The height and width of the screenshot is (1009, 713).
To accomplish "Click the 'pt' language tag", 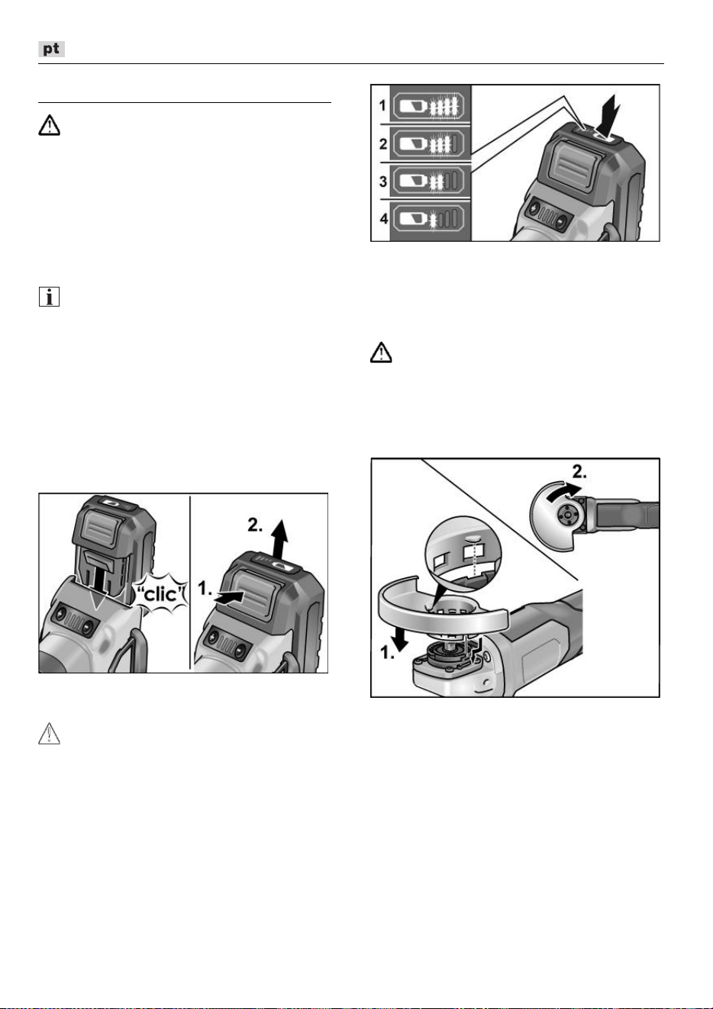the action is (51, 49).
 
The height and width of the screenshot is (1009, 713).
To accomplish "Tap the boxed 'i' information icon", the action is (49, 297).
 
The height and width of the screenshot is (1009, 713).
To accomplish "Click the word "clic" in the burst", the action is (161, 595).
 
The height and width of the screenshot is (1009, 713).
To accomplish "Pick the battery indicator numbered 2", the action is (429, 144).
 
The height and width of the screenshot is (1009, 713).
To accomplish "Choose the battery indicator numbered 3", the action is (429, 181).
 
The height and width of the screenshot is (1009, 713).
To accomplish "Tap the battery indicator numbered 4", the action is (429, 219).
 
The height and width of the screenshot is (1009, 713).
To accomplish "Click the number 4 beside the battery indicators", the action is (384, 219).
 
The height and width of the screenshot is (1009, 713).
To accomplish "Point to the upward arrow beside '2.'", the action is (280, 538).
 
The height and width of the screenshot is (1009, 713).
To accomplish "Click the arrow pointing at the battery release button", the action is (230, 597).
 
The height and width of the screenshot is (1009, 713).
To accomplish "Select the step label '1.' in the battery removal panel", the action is (205, 588).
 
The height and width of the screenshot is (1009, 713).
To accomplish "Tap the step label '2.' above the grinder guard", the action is (579, 472).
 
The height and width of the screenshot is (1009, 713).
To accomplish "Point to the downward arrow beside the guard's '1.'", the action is (399, 639).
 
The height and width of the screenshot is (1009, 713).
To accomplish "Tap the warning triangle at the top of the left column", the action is (49, 125).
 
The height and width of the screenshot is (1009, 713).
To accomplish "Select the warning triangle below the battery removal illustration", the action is (49, 733).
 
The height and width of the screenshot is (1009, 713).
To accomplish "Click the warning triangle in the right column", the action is (381, 352).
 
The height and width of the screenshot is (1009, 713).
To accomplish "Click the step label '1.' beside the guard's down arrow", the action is (388, 652).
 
